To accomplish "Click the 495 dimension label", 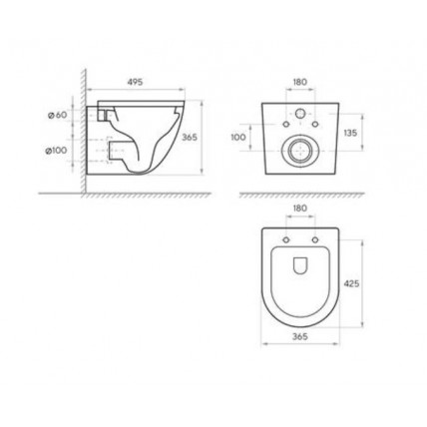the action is point(135,82).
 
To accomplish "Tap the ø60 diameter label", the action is point(57,115).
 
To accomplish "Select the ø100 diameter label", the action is point(56,151).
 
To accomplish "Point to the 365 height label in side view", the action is point(190,137).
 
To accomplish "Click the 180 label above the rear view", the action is point(300,82).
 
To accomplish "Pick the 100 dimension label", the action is point(238,137).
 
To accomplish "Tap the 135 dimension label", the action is point(350,133).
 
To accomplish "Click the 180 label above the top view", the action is point(300,209).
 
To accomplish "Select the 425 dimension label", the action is point(351,283).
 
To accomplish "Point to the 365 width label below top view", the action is point(300,336).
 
